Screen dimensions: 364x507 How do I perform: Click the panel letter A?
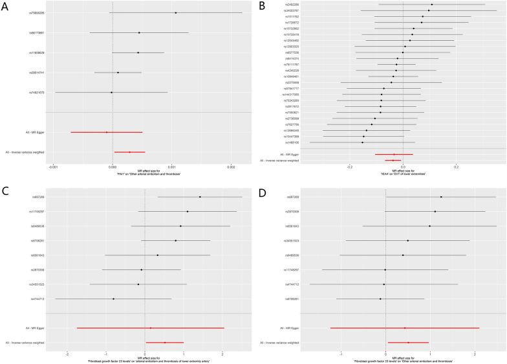[x=5, y=6]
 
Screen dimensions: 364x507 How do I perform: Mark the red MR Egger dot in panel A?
[x=107, y=132]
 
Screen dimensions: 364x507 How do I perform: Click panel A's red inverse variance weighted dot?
[x=130, y=152]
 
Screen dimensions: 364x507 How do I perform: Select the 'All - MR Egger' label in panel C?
[x=35, y=328]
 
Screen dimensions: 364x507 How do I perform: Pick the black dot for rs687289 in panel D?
[x=441, y=197]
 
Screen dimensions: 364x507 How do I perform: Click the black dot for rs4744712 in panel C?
[x=113, y=299]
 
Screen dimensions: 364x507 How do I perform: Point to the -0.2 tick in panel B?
[x=350, y=166]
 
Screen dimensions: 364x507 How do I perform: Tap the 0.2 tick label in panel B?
[x=456, y=166]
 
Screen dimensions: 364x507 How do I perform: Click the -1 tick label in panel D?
[x=341, y=354]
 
